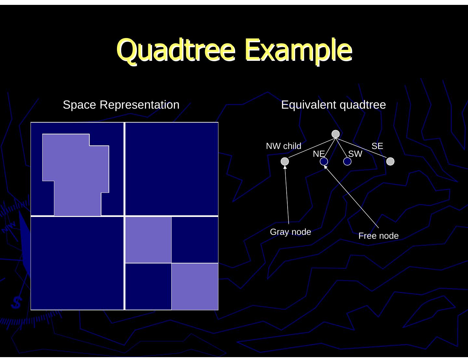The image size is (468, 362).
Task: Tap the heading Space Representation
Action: click(121, 105)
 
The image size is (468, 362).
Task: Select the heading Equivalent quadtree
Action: click(333, 105)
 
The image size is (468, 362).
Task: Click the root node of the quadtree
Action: click(336, 134)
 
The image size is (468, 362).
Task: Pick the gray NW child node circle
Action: click(285, 161)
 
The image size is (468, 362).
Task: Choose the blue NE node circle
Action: click(324, 161)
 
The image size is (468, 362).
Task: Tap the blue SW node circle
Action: click(347, 161)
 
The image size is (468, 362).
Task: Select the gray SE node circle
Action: click(390, 161)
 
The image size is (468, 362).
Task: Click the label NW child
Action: click(283, 146)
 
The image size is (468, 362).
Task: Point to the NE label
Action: click(318, 154)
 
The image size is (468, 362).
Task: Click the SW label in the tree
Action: click(355, 154)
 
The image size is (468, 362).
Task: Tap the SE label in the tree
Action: click(377, 146)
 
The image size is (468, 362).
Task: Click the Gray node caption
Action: click(291, 232)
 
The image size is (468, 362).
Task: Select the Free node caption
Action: click(378, 236)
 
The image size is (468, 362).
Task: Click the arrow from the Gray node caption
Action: click(287, 195)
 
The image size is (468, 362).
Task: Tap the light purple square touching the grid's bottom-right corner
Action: click(195, 286)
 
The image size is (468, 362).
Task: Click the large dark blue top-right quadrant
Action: click(172, 169)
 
